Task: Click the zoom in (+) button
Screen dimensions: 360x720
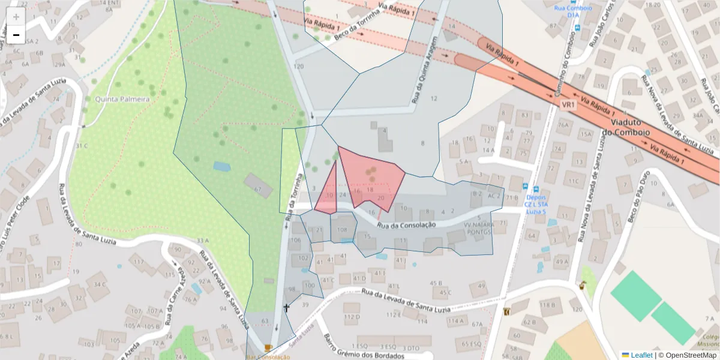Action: pos(16,17)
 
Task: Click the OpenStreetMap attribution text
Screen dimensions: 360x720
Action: pos(691,355)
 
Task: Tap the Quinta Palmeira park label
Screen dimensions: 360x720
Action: pos(121,99)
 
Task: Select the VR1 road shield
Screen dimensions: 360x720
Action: pos(568,105)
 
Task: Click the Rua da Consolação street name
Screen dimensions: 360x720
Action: pos(407,224)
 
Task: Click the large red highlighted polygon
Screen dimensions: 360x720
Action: pos(372,177)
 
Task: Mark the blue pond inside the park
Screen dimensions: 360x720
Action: pos(221,166)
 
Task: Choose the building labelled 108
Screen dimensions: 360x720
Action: pos(342,229)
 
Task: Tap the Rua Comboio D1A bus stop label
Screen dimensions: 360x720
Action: pos(574,13)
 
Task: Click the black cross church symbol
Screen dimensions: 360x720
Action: pos(286,308)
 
